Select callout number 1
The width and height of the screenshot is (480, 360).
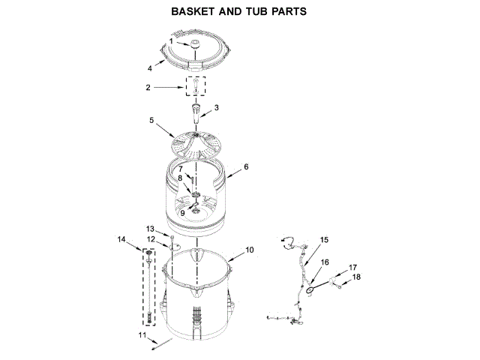[170, 40]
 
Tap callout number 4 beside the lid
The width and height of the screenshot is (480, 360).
[150, 67]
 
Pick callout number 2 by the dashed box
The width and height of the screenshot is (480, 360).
[148, 88]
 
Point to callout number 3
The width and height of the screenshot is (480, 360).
[216, 108]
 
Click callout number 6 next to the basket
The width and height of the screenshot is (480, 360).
[245, 166]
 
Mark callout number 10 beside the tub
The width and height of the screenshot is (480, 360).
[250, 249]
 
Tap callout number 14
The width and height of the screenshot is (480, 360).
[121, 239]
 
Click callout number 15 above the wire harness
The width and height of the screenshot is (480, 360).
[324, 240]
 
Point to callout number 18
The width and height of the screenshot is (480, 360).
[357, 277]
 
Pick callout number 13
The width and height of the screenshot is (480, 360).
[150, 229]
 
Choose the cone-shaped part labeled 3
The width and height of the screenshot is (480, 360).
[196, 115]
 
